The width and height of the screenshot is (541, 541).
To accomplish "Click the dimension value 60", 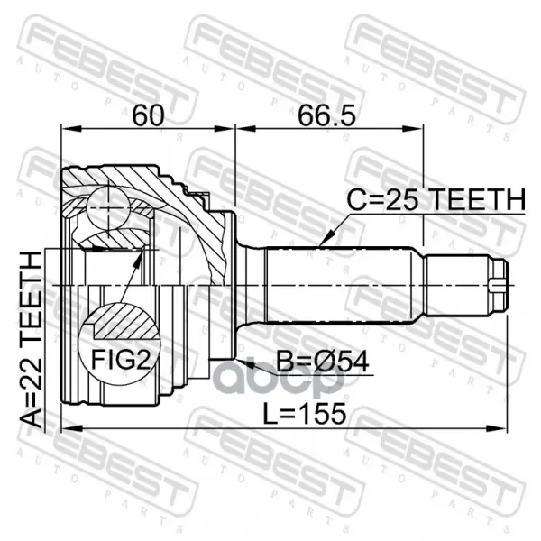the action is tap(148, 115).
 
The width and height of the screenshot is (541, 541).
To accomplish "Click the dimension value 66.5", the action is tap(326, 115).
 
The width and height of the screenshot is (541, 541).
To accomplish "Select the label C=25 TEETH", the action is tap(436, 200).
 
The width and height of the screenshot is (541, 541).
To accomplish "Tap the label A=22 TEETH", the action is tap(32, 340).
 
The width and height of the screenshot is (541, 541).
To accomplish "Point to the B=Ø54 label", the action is tap(323, 362).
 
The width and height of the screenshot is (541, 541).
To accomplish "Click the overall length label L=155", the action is tap(304, 413).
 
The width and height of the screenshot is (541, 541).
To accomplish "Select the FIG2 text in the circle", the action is tap(121, 359).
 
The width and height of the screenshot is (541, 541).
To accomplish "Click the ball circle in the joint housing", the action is tap(108, 207).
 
